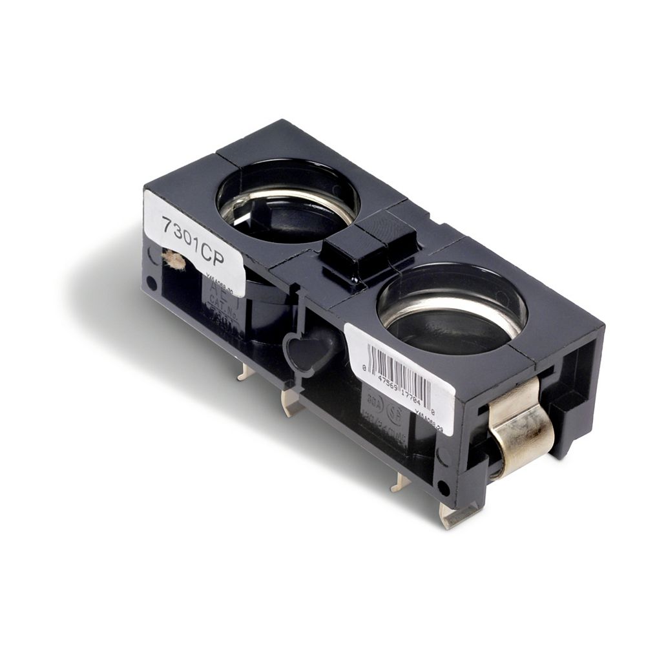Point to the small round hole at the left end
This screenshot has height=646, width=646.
[151, 283]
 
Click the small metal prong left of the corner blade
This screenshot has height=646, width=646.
[399, 481]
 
